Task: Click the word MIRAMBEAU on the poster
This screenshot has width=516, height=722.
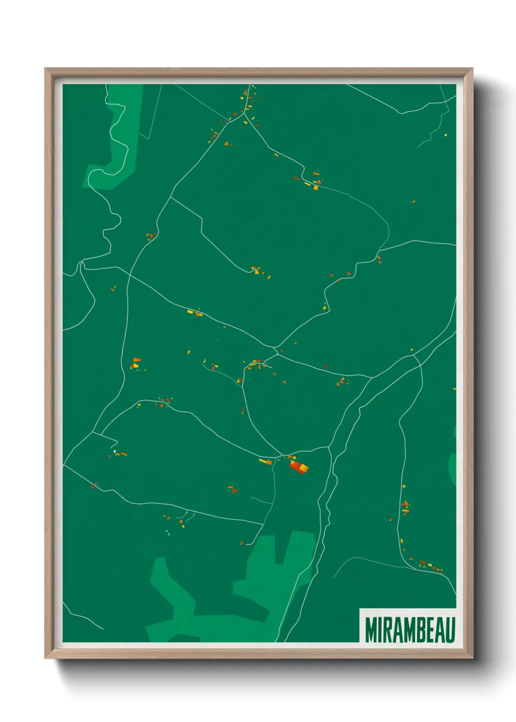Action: pos(410,630)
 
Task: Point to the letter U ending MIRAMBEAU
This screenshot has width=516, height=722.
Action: pos(450,630)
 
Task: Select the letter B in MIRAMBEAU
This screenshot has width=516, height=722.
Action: pos(417,630)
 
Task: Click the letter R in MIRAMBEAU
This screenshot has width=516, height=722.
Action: pos(388,630)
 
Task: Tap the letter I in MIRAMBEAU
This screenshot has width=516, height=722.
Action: pos(380,630)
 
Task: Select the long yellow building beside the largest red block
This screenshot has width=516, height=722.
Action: pos(265,461)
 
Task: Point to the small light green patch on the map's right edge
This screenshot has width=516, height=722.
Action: pos(453,468)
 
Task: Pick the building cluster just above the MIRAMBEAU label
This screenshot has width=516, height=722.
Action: pos(427,566)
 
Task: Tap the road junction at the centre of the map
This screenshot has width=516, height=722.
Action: pos(276,349)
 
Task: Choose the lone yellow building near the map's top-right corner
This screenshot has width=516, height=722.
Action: pos(445,134)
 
